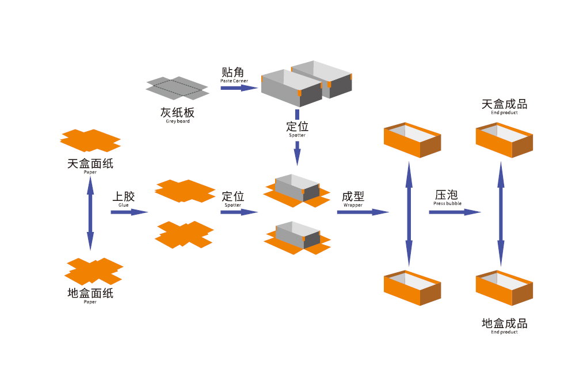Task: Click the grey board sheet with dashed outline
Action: point(177,88)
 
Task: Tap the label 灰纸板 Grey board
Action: point(177,115)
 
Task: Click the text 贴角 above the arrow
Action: point(233,73)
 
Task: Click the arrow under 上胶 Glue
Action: point(129,212)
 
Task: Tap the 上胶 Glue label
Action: point(124,198)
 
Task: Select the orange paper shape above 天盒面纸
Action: point(90,140)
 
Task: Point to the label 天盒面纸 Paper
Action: point(90,165)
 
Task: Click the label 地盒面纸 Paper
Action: point(90,295)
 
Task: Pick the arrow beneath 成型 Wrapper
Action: point(363,212)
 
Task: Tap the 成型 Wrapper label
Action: point(353,199)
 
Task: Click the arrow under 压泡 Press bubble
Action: point(454,212)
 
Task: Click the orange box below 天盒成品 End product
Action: point(504,140)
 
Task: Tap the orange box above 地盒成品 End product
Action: point(504,288)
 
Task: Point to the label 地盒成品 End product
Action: point(504,325)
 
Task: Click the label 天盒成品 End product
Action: point(504,106)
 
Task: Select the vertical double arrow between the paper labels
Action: point(90,213)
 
